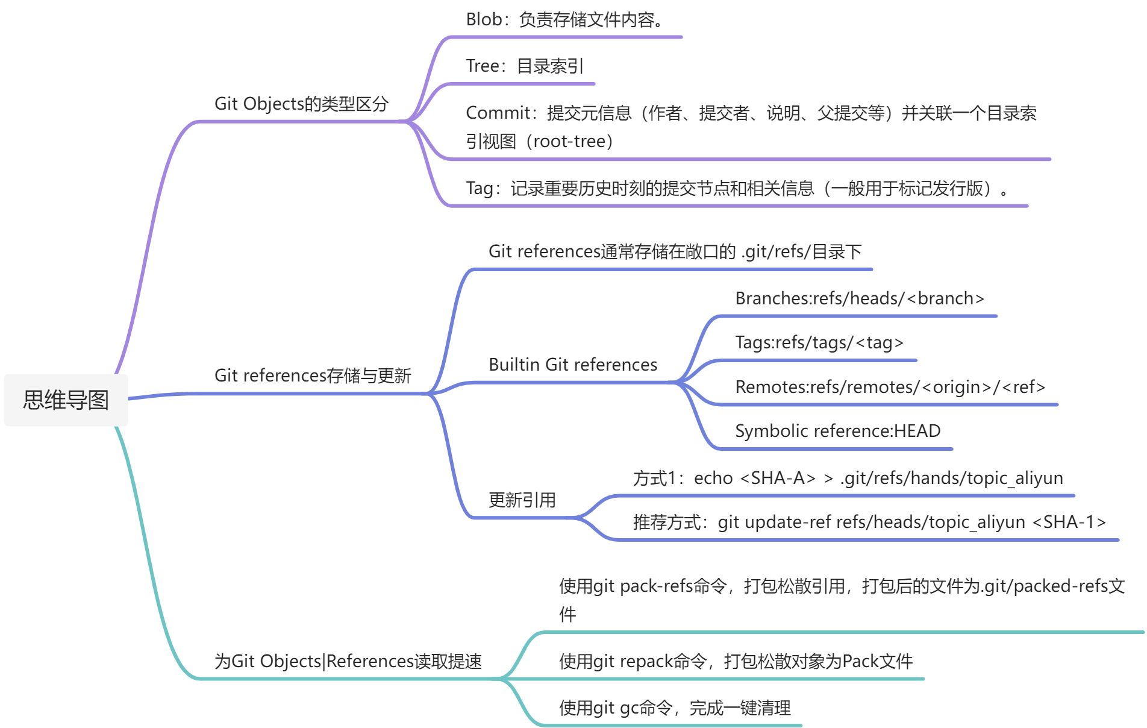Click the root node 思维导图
(66, 400)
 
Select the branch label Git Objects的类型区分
(301, 104)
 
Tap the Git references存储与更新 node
(312, 375)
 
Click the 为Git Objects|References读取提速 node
(348, 661)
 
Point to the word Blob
(483, 19)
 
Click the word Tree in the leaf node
(482, 66)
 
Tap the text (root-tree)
(569, 142)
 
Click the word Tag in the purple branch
(479, 189)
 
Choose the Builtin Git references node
(572, 365)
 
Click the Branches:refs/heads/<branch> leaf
(859, 298)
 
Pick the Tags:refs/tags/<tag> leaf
(819, 342)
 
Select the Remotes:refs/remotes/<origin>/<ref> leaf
(890, 387)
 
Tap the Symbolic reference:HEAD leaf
(837, 431)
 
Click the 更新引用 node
(522, 500)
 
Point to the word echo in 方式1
(713, 478)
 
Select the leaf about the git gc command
(674, 708)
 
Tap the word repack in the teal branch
(645, 662)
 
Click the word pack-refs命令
(673, 586)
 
